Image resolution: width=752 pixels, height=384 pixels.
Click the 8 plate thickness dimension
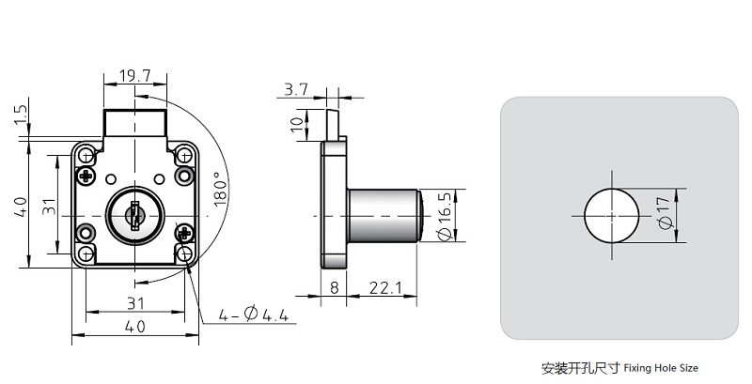[335, 287]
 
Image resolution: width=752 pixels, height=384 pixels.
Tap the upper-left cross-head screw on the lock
[86, 176]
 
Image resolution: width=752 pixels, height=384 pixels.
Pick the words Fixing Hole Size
[666, 368]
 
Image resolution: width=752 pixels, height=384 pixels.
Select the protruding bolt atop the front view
[134, 122]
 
